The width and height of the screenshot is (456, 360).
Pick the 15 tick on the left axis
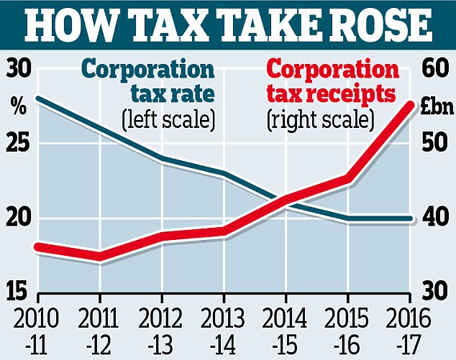tap(19, 291)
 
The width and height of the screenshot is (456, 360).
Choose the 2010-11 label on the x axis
tap(37, 327)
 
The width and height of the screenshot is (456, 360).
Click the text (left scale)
tap(169, 119)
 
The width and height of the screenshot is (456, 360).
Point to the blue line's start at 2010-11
tap(38, 98)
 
